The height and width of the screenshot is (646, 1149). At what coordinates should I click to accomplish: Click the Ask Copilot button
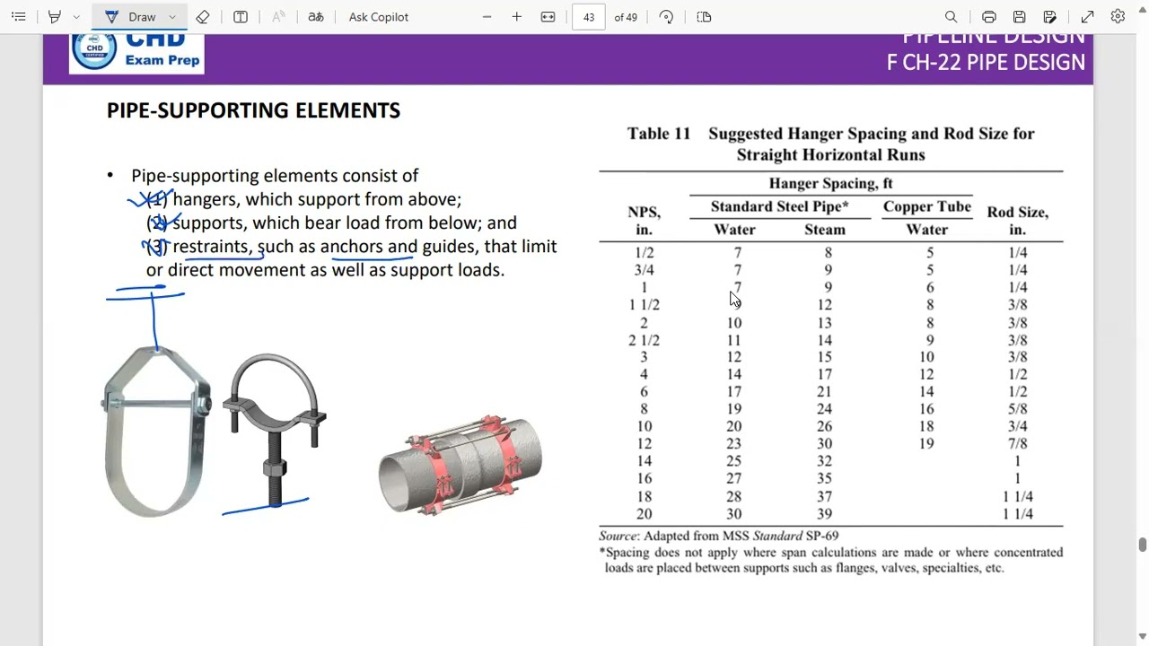pos(378,17)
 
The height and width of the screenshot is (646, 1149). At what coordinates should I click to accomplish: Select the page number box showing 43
pos(589,17)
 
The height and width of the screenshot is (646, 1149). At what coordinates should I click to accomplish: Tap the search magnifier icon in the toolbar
pos(951,17)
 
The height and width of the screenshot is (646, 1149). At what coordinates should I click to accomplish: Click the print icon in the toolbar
pos(988,17)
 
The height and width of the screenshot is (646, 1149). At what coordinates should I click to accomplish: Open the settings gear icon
pos(1118,17)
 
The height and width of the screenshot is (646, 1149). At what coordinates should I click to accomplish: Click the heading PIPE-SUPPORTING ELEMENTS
pos(253,110)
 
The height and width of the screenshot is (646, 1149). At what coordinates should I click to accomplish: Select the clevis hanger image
pos(157,431)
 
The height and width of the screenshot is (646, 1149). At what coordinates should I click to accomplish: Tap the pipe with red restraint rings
pos(460,465)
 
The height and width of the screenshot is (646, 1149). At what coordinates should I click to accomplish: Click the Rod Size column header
pos(1017,221)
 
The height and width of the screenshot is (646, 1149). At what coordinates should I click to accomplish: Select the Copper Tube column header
pos(926,206)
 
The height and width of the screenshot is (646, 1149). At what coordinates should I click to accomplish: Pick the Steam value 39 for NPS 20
pos(824,514)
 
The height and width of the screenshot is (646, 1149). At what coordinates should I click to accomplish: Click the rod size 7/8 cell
pos(1017,444)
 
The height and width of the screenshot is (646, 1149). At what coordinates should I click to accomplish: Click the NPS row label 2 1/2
pos(644,340)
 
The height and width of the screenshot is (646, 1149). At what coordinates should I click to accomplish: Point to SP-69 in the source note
pos(819,536)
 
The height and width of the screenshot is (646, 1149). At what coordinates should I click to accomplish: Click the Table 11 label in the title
pos(658,134)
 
